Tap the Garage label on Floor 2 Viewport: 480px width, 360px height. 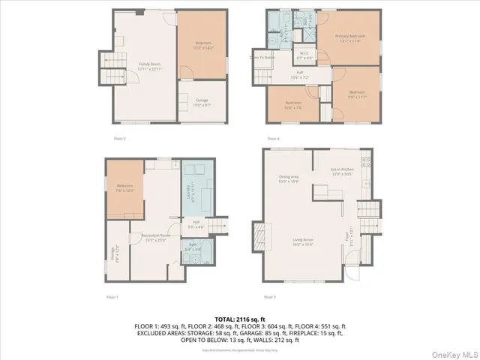point(202,100)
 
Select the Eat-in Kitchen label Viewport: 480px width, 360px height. point(342,172)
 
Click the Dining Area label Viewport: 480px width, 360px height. point(289,178)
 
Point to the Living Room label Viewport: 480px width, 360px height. point(302,242)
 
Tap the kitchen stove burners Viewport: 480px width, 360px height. point(366,163)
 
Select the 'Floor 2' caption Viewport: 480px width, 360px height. point(119,138)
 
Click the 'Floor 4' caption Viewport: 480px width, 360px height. point(273,138)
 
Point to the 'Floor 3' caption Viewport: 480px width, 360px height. point(270,297)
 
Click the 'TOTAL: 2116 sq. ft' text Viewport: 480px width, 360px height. point(239,319)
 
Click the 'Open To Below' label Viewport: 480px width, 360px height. point(262,57)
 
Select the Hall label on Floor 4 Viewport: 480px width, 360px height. point(298,73)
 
